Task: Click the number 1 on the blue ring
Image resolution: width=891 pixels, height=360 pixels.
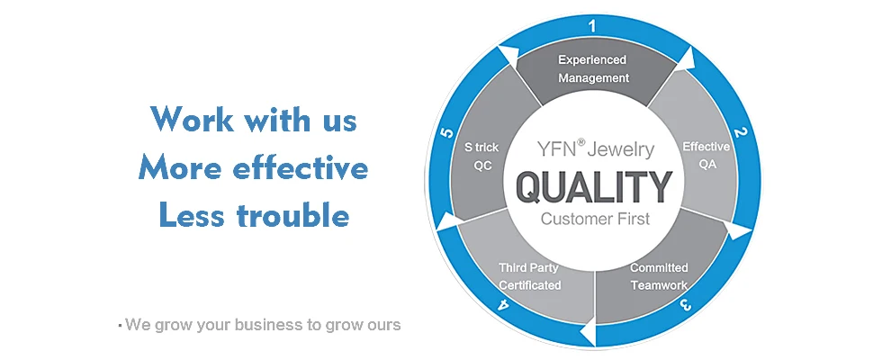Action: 592,26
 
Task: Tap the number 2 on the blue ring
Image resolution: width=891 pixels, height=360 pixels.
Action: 740,134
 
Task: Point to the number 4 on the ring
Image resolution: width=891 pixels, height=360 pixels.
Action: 502,304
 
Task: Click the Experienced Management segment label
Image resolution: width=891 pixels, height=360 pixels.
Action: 592,69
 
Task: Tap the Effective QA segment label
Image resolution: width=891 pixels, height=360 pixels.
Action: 705,155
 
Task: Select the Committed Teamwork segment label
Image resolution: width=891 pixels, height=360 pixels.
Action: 659,276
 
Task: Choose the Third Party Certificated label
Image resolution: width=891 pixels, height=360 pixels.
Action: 530,276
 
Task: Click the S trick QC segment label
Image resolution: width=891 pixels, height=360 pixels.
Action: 481,155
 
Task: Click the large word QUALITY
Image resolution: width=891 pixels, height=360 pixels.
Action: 593,187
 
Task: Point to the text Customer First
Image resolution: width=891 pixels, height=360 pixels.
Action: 593,219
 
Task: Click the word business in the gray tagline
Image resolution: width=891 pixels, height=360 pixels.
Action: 270,324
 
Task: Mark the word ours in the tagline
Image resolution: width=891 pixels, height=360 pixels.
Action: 382,324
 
